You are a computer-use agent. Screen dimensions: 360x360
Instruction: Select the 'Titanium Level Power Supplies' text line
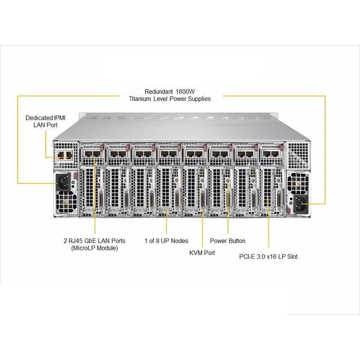click(x=170, y=98)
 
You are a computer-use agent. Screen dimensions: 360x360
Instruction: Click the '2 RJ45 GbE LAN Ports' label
click(x=95, y=240)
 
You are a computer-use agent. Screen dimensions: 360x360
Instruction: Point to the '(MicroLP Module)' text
click(x=94, y=248)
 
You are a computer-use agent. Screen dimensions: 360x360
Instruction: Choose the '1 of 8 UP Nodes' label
click(x=166, y=241)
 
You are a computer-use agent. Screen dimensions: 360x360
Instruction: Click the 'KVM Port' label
click(x=202, y=253)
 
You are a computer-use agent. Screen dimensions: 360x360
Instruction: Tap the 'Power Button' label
click(x=228, y=241)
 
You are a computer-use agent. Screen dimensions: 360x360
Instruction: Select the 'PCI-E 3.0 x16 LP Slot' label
click(x=268, y=256)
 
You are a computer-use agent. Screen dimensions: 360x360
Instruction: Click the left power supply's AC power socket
click(x=63, y=182)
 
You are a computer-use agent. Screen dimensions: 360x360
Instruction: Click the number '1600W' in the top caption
click(x=185, y=90)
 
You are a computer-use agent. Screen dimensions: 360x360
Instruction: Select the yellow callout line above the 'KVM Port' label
click(x=202, y=229)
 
